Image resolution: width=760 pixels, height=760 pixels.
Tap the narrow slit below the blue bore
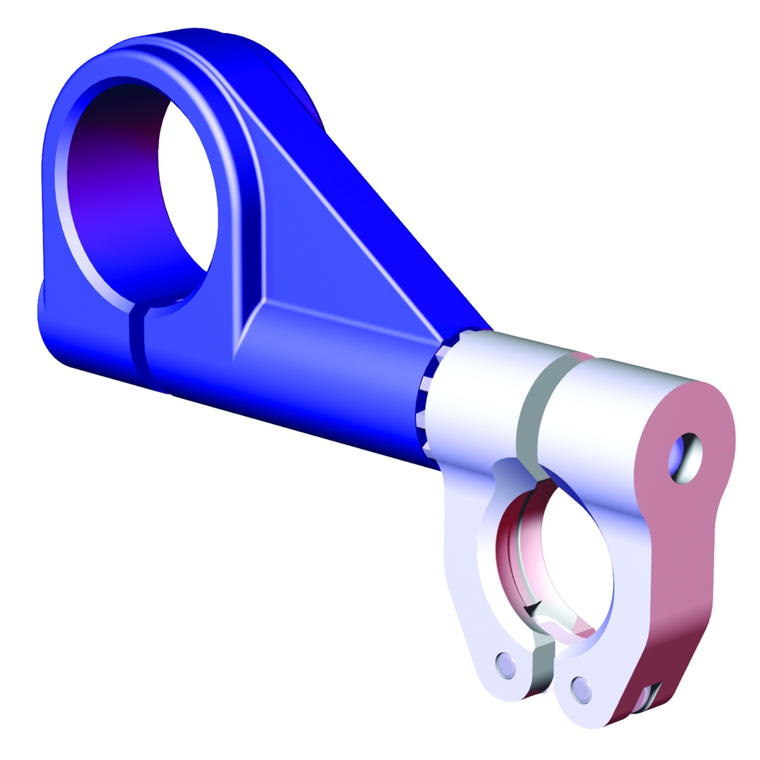tap(137, 345)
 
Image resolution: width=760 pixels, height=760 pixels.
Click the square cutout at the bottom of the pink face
tap(646, 697)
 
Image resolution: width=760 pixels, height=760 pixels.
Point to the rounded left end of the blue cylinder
tap(56, 324)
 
